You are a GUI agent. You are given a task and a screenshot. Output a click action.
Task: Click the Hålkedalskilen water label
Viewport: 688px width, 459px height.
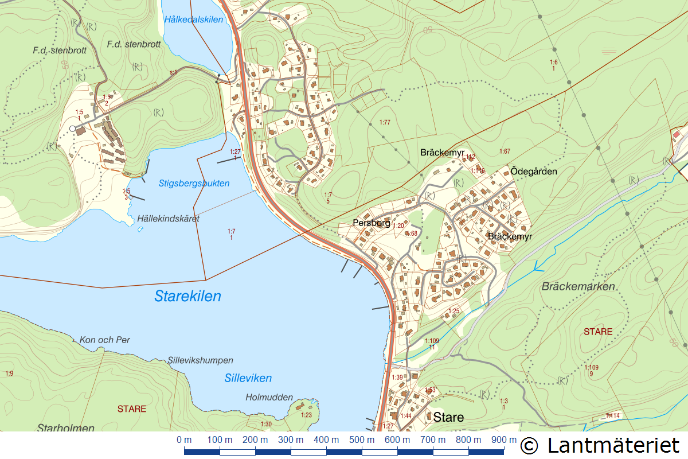click(x=193, y=20)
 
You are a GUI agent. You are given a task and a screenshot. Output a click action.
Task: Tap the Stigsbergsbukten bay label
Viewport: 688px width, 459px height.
click(x=194, y=184)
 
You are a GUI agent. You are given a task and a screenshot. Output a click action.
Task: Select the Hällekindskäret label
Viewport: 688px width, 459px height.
click(x=168, y=219)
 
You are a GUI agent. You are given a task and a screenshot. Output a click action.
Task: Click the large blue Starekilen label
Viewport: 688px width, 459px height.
click(x=187, y=297)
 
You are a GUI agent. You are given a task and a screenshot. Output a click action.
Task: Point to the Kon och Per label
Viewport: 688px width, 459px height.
click(x=105, y=340)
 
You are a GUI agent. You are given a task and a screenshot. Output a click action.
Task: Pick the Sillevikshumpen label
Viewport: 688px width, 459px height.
click(x=201, y=360)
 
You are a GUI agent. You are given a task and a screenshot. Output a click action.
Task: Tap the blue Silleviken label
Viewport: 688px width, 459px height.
click(x=248, y=378)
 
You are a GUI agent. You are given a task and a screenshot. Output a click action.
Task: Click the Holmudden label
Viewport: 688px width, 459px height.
click(x=269, y=397)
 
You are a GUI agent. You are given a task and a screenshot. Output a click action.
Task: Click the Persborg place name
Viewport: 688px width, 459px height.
click(x=371, y=223)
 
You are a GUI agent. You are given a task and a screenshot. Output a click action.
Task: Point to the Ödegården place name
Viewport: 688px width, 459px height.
click(x=534, y=171)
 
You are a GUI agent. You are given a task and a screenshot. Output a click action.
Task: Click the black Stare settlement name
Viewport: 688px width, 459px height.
click(x=448, y=417)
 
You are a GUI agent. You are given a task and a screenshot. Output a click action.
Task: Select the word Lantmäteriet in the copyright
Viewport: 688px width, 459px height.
click(x=613, y=445)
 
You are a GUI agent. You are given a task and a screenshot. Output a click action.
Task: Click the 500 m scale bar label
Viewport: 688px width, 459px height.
click(x=361, y=439)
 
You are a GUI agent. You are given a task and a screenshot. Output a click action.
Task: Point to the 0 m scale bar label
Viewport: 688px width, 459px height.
click(x=184, y=439)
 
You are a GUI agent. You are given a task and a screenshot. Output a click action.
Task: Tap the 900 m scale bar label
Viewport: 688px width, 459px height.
click(x=503, y=439)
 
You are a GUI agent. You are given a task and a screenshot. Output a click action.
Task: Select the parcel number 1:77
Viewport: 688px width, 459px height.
click(x=385, y=122)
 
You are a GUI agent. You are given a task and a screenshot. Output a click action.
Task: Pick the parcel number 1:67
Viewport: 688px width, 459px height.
click(x=505, y=151)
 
